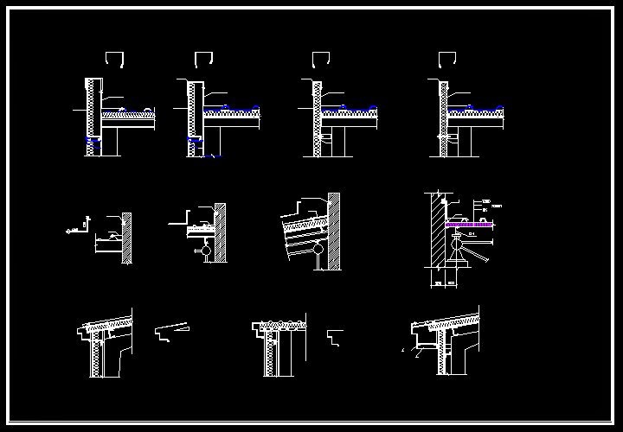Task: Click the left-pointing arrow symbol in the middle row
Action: coord(68,232)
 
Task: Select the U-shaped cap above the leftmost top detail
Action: coord(116,59)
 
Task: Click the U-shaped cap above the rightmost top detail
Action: coord(446,59)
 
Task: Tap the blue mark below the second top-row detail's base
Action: coord(213,156)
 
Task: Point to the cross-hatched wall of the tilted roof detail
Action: coord(333,229)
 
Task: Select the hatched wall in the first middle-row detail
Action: coord(127,238)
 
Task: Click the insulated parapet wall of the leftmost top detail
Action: coord(90,117)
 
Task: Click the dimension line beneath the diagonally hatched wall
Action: coord(446,284)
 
